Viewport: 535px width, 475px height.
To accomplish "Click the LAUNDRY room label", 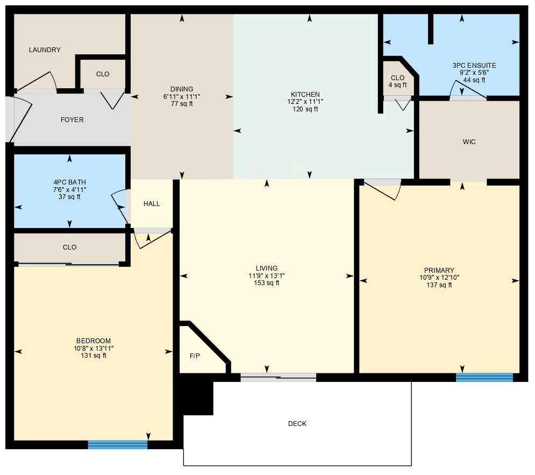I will coord(45,50).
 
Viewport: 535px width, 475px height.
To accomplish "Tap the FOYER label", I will coord(72,120).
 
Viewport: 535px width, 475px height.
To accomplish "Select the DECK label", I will coord(297,424).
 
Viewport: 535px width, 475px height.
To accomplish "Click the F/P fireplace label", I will coord(195,356).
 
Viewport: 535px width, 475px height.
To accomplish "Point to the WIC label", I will coord(469,143).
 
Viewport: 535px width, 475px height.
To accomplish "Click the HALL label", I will coord(152,204).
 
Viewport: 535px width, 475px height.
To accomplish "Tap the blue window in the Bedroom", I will coord(118,444).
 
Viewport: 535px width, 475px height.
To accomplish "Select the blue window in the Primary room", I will coord(484,377).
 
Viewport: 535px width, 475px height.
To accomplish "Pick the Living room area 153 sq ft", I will coord(267,283).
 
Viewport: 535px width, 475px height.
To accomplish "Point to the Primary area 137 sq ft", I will coord(439,285).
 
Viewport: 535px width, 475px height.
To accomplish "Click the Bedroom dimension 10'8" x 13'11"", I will coord(94,348).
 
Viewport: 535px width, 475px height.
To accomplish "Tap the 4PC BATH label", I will coord(69,182).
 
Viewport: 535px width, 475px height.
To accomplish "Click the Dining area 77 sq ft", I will coord(182,104).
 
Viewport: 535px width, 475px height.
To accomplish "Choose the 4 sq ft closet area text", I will coord(397,85).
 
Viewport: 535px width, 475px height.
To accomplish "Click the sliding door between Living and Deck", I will coord(278,377).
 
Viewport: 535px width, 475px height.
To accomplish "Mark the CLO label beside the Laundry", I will coord(102,74).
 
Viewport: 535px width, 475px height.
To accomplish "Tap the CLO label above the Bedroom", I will coord(69,247).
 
